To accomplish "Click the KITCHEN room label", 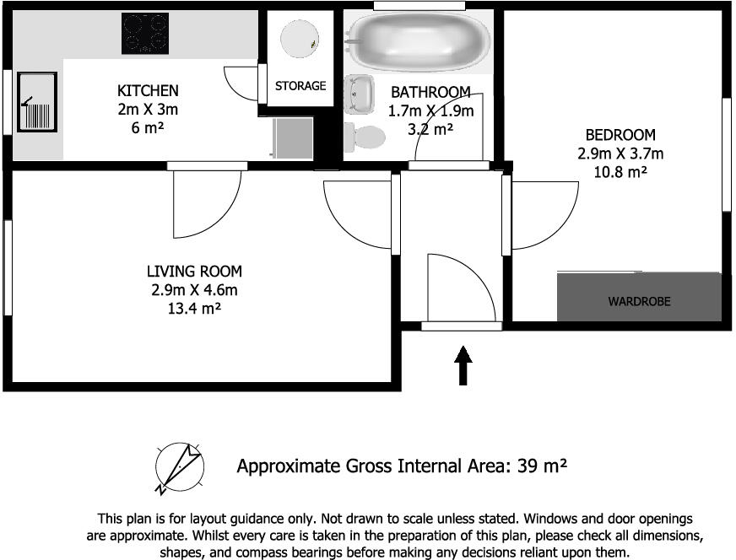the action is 148,90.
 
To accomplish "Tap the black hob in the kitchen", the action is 145,33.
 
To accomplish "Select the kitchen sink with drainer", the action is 37,102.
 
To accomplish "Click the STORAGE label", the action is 300,86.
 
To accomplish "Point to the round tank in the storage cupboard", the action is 300,39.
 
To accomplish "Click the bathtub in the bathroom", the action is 418,41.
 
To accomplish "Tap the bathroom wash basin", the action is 359,94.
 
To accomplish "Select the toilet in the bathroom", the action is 365,137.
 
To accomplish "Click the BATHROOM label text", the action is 430,92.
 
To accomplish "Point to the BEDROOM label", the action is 620,135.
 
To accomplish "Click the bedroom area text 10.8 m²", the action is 620,172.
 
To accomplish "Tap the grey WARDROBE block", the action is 639,297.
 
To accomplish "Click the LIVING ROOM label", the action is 194,271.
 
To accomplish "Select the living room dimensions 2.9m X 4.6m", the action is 194,290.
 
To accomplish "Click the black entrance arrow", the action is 463,365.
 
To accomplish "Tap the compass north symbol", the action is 179,467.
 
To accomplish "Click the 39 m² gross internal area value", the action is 542,466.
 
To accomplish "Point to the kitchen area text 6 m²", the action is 148,127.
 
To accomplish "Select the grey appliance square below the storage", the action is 293,138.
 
